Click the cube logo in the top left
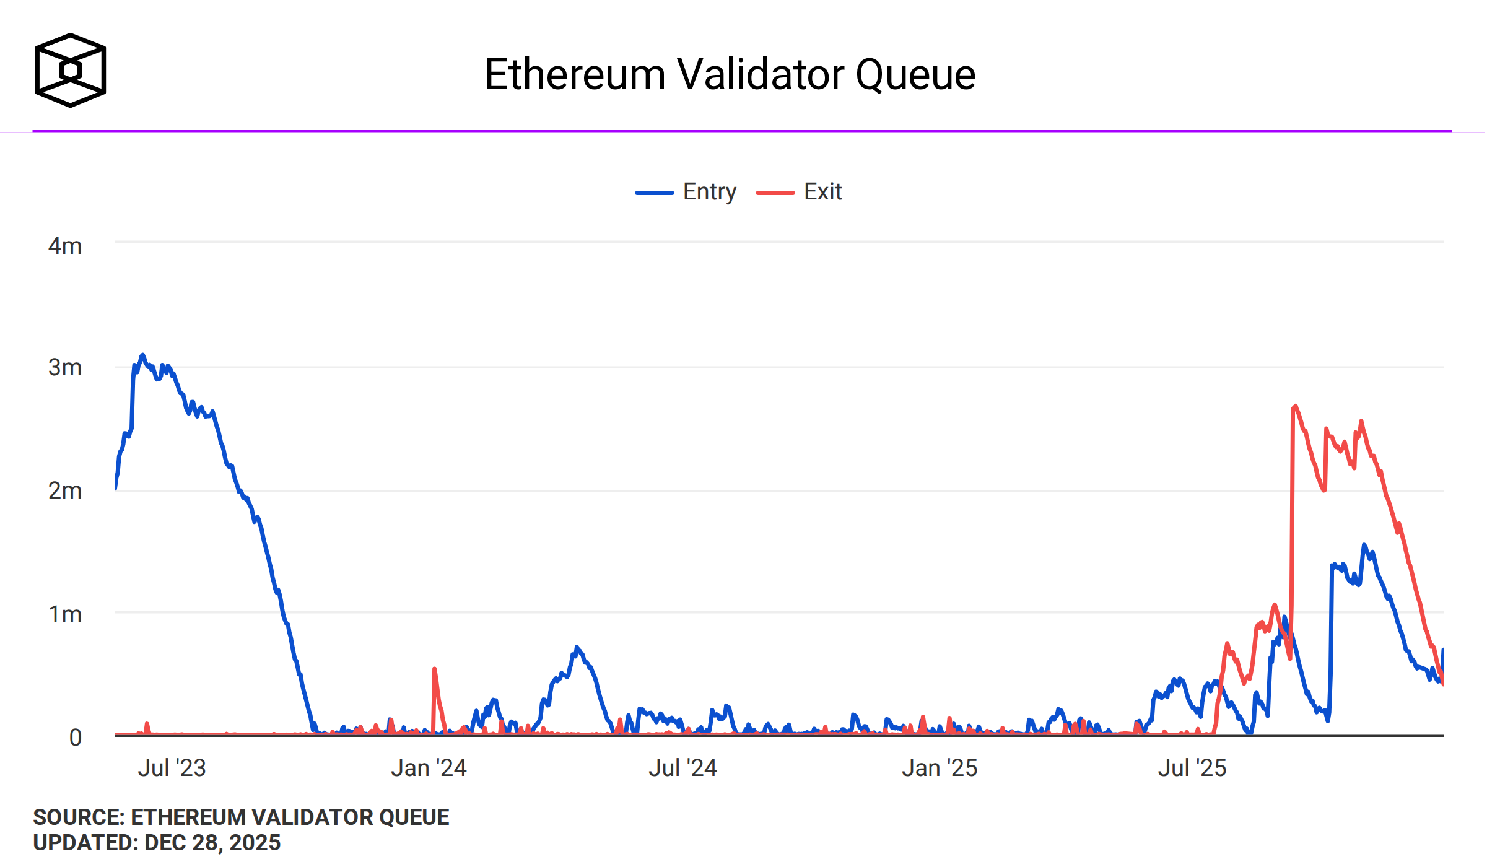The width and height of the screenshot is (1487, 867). coord(70,70)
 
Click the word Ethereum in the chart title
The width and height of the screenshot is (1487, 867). coord(574,75)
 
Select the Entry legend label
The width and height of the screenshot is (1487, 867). coord(709,192)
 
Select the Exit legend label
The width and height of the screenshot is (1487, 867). coord(822,192)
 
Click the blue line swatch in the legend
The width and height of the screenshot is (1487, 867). coord(654,193)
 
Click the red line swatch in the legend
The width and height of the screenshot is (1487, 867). coord(775,193)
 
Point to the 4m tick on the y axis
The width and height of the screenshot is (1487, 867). coord(65,246)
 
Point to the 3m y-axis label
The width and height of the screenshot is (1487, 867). coord(65,368)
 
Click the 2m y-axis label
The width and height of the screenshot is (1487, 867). coord(65,491)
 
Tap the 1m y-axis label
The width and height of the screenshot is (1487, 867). coord(65,614)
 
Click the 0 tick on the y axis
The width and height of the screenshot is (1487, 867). coord(75,738)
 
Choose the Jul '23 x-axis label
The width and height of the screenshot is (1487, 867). coord(172,768)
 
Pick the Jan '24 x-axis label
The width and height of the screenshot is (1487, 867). coord(429,768)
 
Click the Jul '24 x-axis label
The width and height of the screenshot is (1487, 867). coord(682,768)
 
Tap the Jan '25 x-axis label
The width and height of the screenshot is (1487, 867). coord(939,768)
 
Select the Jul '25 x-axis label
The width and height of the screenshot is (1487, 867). coord(1192,768)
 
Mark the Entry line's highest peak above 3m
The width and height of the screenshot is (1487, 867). coord(142,355)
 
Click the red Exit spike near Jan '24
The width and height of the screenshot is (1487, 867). coord(434,670)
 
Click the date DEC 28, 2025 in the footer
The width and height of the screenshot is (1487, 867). coord(212,843)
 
